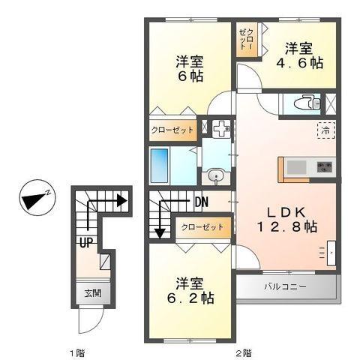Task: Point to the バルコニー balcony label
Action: [x=283, y=286]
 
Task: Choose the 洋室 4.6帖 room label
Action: [x=302, y=56]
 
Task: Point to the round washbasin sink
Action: [x=215, y=177]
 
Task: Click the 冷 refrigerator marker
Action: [x=326, y=129]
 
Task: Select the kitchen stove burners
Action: [x=323, y=166]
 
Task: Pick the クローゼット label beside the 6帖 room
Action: [x=172, y=130]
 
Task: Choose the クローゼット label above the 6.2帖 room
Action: [x=202, y=226]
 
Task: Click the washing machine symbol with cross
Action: [x=220, y=129]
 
